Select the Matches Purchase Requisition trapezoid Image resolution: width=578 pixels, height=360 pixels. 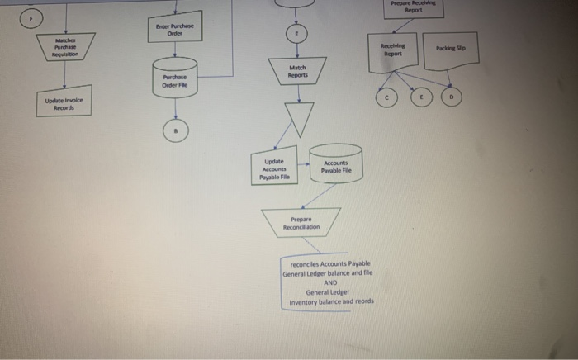(x=66, y=50)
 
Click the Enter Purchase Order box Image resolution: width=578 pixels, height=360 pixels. (x=174, y=31)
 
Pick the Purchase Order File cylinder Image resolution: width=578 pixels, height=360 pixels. (x=174, y=76)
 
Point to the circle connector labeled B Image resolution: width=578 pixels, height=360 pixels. (x=175, y=129)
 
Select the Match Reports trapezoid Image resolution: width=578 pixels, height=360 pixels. (x=298, y=72)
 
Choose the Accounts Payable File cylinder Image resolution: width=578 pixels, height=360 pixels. (x=336, y=164)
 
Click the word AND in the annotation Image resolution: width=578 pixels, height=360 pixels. (x=328, y=282)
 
